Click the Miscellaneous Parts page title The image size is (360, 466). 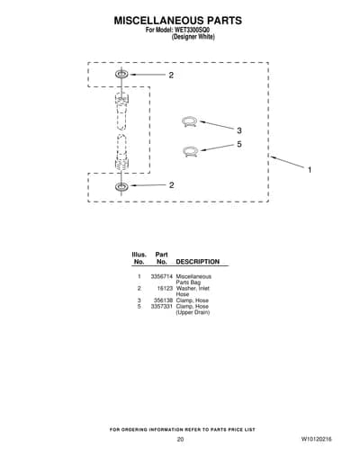point(178,21)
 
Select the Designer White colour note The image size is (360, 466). point(193,37)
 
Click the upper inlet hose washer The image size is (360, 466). point(121,74)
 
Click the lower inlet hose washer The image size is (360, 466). point(121,186)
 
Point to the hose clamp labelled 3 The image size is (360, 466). point(189,122)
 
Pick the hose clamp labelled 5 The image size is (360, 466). point(190,151)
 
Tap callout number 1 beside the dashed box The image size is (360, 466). point(310,170)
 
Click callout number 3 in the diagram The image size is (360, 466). point(239,130)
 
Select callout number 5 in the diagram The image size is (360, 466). point(239,144)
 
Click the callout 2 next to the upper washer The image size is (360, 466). point(171,76)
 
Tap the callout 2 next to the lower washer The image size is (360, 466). point(171,185)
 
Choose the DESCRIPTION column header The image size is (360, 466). point(198,262)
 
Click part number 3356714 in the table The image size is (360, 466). point(162,276)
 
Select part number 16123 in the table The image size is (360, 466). point(165,289)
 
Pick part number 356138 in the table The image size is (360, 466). point(163,300)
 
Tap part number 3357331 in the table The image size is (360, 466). point(162,307)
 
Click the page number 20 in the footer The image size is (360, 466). point(180,439)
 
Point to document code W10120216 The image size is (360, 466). point(317,439)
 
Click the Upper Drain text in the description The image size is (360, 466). point(193,312)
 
